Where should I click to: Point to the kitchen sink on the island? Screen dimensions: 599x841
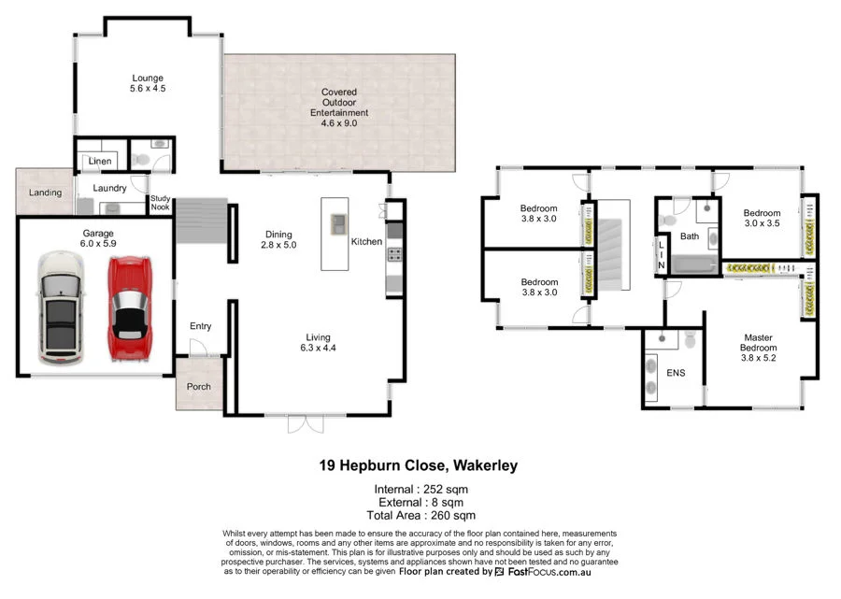pos(338,222)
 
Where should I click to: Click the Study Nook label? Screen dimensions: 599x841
pos(161,203)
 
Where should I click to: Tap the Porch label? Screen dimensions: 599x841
pos(199,387)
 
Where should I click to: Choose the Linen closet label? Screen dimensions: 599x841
pos(101,162)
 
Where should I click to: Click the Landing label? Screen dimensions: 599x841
pos(45,193)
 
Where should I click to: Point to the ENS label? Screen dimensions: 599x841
pos(676,373)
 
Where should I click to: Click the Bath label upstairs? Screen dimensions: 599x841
pos(690,236)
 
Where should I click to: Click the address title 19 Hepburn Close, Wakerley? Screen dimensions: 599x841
pos(418,465)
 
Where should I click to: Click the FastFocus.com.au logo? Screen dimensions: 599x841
pos(542,571)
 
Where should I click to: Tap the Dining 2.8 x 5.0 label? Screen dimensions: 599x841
pos(278,240)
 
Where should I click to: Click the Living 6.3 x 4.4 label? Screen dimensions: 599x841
pos(318,343)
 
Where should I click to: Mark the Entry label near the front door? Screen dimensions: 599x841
pos(200,326)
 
